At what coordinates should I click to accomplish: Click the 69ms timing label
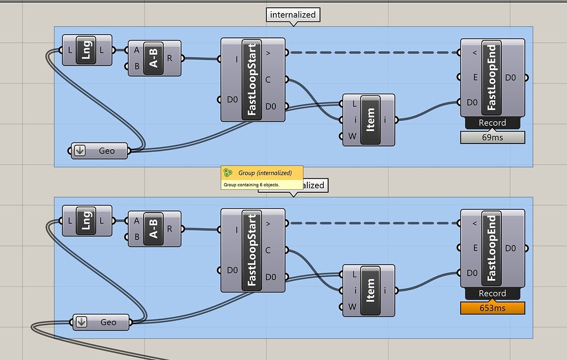492,138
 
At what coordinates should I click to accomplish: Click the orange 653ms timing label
492,308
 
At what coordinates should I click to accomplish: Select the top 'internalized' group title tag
293,15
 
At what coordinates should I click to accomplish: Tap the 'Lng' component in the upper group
86,50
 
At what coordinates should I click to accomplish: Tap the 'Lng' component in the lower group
86,221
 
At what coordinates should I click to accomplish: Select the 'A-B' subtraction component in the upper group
153,58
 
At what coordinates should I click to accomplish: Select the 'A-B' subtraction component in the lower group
153,228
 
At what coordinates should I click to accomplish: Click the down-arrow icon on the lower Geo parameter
81,322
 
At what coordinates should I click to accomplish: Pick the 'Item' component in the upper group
370,120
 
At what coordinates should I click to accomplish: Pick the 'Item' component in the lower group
370,290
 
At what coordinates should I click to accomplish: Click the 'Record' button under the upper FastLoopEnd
492,123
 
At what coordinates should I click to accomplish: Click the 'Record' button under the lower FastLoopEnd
492,293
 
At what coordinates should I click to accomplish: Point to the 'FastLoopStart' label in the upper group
252,80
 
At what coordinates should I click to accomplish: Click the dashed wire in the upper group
373,53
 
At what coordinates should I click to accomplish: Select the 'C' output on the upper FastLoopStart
268,80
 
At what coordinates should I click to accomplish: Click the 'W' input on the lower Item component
352,307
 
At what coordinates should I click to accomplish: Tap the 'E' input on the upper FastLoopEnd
476,78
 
